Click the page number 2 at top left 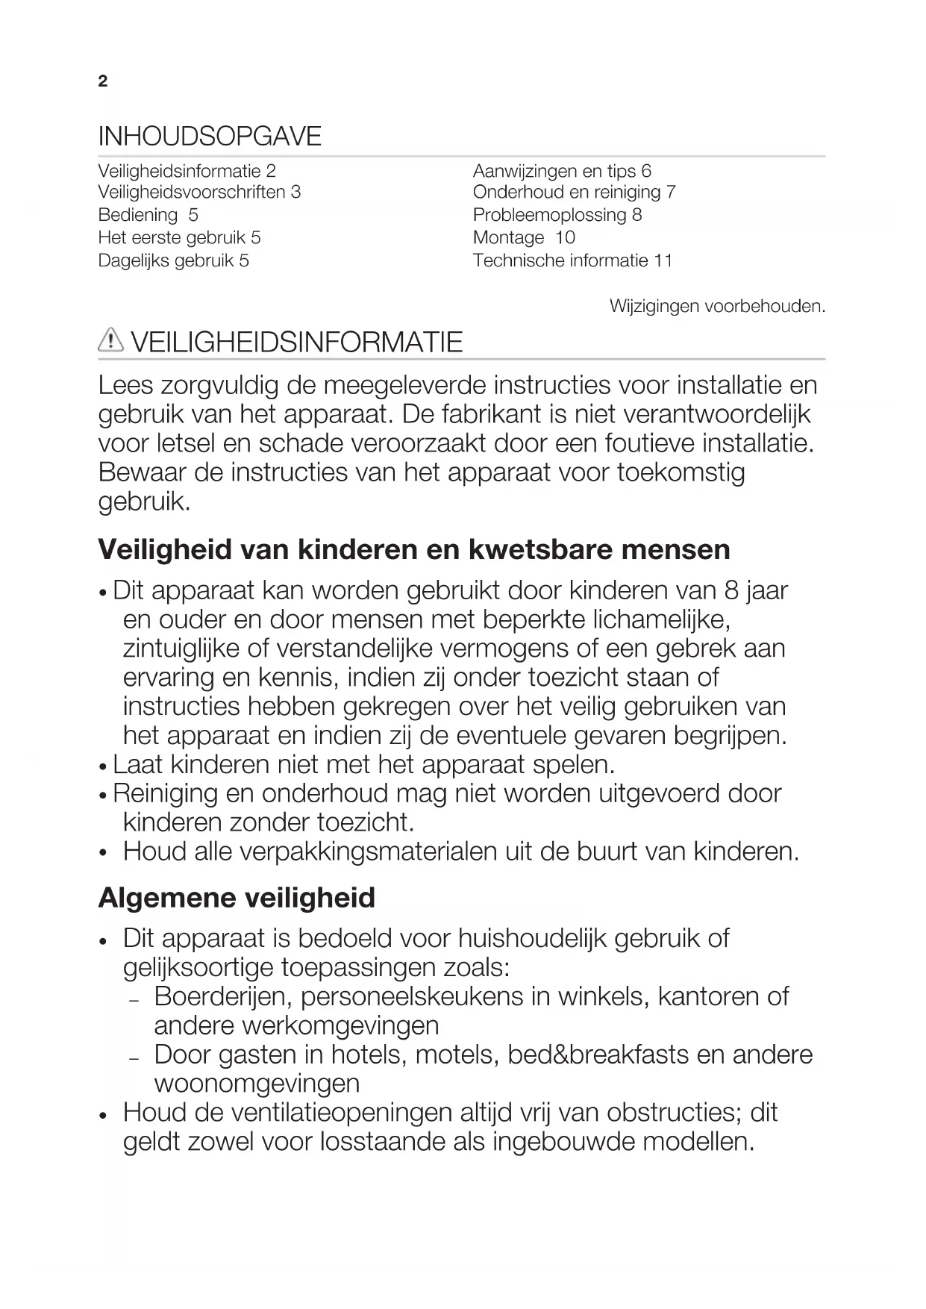[x=103, y=81]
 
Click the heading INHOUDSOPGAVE [x=210, y=137]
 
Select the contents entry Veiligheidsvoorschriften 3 [x=199, y=193]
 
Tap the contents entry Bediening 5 [x=148, y=216]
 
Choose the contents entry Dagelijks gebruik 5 [x=173, y=261]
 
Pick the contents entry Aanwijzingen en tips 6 [x=562, y=171]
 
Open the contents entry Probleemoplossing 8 [x=557, y=216]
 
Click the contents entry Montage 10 [x=524, y=238]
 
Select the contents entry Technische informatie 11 [x=572, y=261]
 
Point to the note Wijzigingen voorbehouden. [x=717, y=306]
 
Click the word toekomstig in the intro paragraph [x=681, y=472]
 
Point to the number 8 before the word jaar [x=731, y=590]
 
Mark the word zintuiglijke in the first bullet [x=181, y=649]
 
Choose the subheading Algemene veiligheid [x=237, y=898]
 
